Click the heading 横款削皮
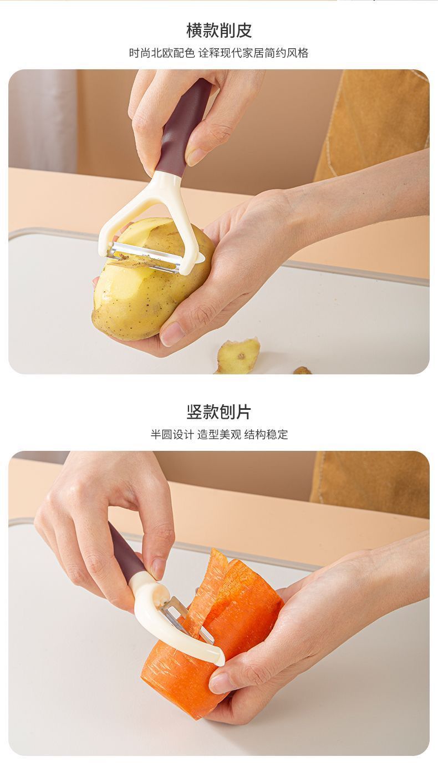point(219,31)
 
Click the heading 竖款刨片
point(219,412)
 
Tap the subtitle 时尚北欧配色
point(162,53)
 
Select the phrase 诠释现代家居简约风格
point(253,53)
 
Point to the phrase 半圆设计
point(172,434)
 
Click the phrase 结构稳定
point(266,434)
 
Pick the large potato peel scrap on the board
point(238,356)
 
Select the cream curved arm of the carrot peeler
point(171,627)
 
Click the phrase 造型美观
point(219,434)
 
